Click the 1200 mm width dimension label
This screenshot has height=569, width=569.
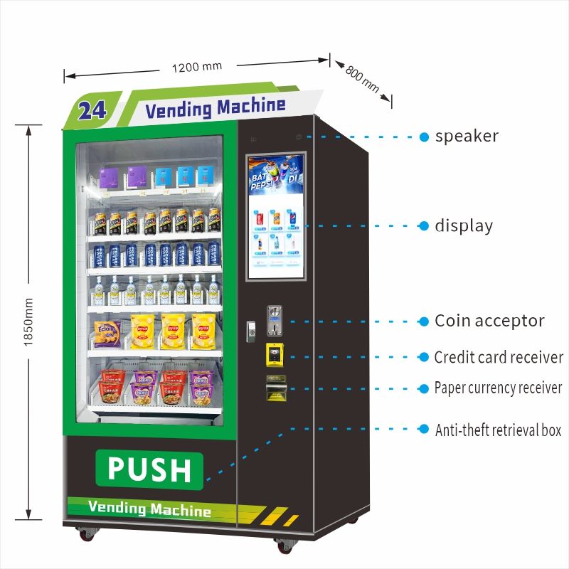click(x=197, y=67)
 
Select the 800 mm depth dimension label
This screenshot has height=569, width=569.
click(x=362, y=78)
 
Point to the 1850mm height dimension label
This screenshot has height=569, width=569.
click(x=29, y=321)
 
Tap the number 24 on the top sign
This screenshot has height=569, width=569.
click(x=92, y=110)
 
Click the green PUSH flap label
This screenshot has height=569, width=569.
click(x=149, y=469)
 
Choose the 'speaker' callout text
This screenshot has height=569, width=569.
click(x=467, y=136)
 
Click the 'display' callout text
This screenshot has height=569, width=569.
click(x=464, y=226)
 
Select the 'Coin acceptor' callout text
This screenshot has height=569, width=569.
click(x=489, y=321)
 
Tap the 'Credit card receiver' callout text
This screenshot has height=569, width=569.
click(x=498, y=357)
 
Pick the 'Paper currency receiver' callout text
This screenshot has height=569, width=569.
click(x=498, y=388)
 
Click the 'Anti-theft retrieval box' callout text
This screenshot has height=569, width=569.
click(x=498, y=430)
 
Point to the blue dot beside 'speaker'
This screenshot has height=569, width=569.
click(x=424, y=136)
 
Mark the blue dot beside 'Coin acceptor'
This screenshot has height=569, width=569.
click(x=424, y=321)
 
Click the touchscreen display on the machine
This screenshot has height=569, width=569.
click(x=275, y=216)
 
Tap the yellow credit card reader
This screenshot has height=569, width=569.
click(x=274, y=353)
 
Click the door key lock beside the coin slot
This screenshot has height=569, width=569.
click(x=251, y=331)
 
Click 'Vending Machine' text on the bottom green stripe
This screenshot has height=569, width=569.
click(x=149, y=509)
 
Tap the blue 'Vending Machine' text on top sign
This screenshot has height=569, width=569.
click(x=215, y=108)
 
